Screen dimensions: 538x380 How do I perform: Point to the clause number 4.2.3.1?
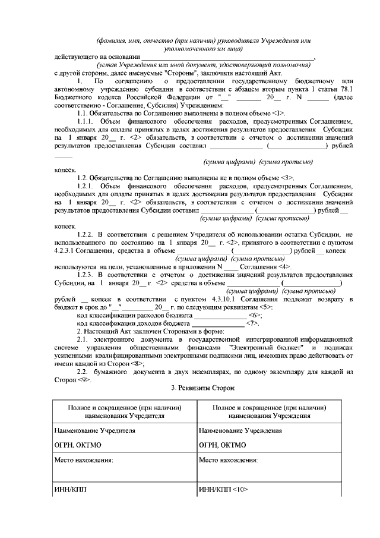(x=65, y=251)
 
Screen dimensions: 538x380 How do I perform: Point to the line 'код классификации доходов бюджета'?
(x=133, y=323)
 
